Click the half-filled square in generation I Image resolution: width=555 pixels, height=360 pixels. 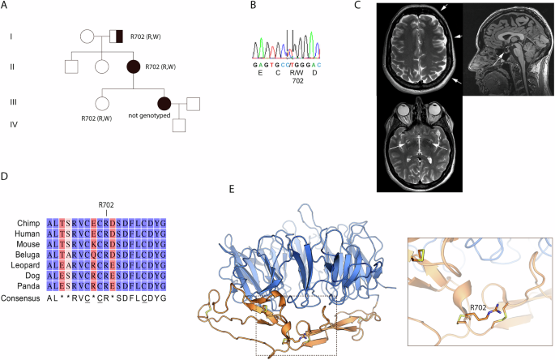tap(116, 36)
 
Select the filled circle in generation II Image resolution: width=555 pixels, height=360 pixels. tap(134, 67)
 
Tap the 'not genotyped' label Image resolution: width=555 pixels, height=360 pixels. tap(149, 115)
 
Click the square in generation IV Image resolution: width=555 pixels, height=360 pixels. tap(179, 125)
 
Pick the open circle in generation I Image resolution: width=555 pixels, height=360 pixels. tap(87, 36)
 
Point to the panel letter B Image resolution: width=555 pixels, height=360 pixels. tap(253, 5)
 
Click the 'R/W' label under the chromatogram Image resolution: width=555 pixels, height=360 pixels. tap(297, 73)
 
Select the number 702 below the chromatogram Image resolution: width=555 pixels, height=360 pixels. tap(297, 81)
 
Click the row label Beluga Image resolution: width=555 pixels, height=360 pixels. tap(28, 255)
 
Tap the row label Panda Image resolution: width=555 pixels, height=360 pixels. tap(28, 286)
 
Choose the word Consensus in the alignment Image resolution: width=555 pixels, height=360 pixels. tap(20, 298)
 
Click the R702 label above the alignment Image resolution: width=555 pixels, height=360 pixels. tap(106, 205)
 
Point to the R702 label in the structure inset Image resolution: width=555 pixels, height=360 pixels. tap(478, 308)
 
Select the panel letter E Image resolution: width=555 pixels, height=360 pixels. tap(232, 189)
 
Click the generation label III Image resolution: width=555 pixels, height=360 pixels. tap(13, 102)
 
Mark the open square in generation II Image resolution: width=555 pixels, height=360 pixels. tap(71, 66)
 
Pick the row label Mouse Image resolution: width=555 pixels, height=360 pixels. tap(28, 244)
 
